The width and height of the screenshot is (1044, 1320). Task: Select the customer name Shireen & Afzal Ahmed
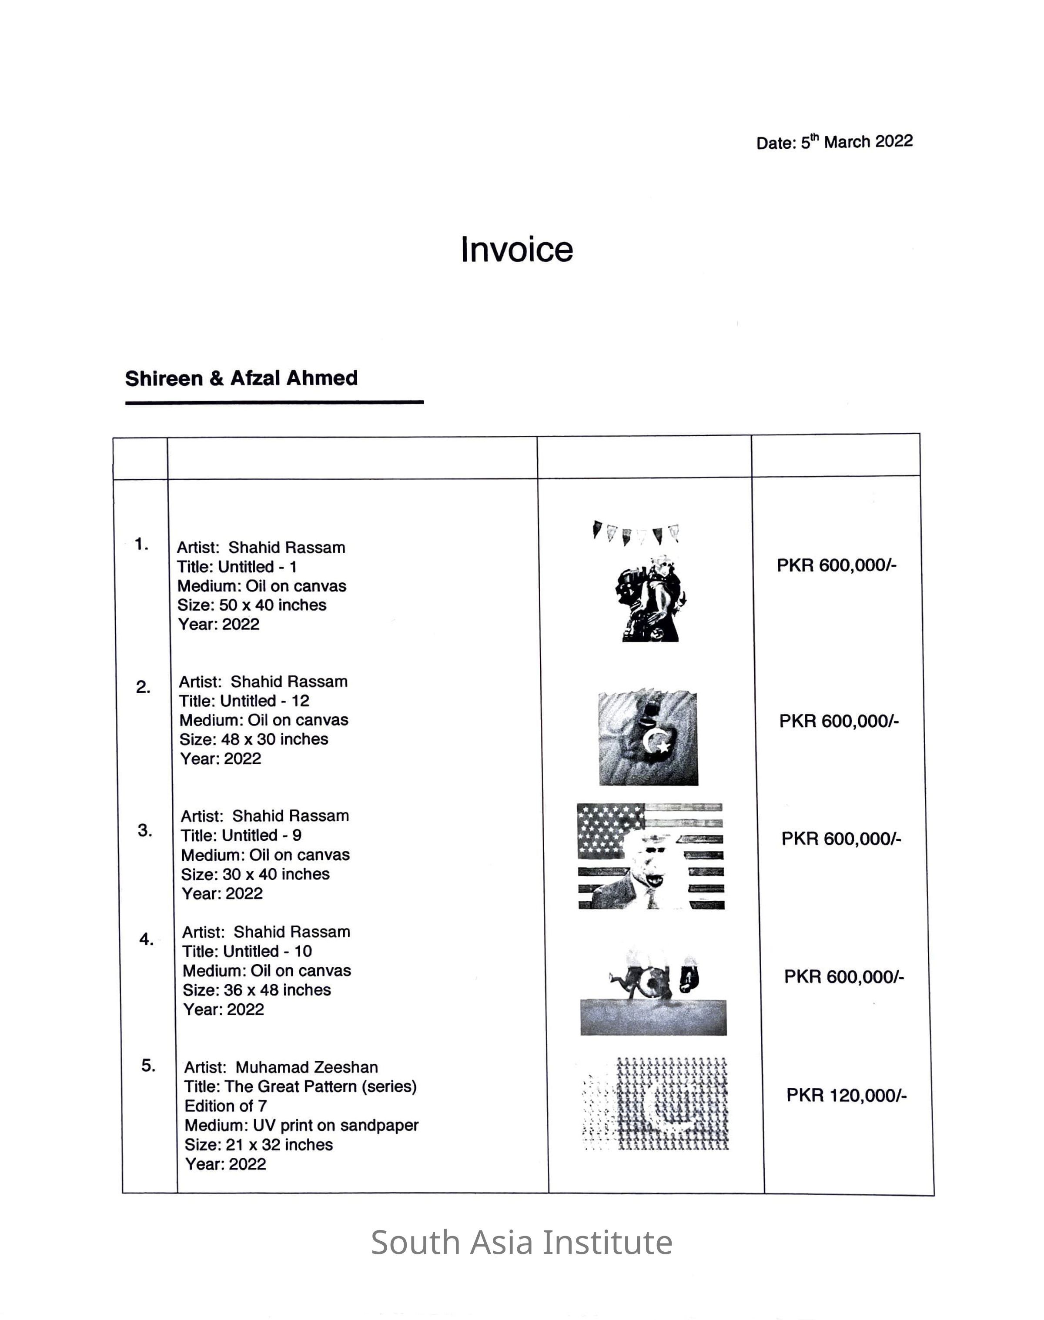241,378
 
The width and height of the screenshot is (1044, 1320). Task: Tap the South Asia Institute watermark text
522,1243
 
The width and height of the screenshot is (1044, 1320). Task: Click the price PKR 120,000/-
846,1095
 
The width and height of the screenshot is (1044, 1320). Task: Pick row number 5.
148,1065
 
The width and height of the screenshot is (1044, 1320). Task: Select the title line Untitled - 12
244,701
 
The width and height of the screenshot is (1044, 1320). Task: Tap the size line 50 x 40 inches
252,605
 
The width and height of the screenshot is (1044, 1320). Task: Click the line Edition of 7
226,1106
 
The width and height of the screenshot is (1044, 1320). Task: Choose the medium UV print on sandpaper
301,1125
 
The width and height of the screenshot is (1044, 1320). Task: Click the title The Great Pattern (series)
300,1086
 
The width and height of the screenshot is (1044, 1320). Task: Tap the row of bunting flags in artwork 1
636,532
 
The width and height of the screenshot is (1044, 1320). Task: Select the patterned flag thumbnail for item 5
655,1104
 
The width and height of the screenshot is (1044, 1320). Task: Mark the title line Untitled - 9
241,835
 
